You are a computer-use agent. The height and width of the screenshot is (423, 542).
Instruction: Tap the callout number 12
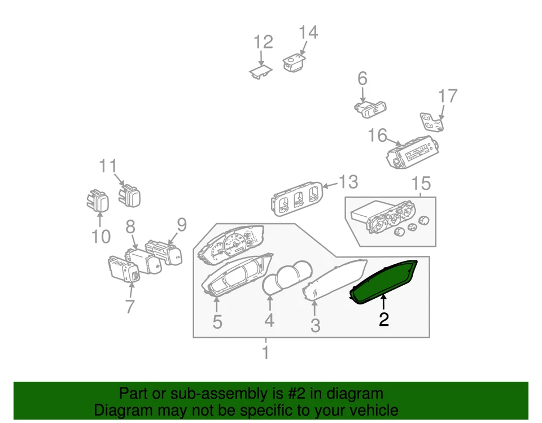263,42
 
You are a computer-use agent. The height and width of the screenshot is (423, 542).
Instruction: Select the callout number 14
308,33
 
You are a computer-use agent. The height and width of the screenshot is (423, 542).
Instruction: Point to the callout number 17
447,96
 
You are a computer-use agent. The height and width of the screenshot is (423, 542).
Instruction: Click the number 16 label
378,136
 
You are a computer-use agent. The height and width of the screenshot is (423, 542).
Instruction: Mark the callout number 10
101,236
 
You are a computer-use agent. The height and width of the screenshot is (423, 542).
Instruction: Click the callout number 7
130,306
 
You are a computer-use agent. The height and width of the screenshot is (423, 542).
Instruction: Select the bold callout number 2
384,320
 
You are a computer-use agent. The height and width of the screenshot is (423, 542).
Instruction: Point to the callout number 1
265,354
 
